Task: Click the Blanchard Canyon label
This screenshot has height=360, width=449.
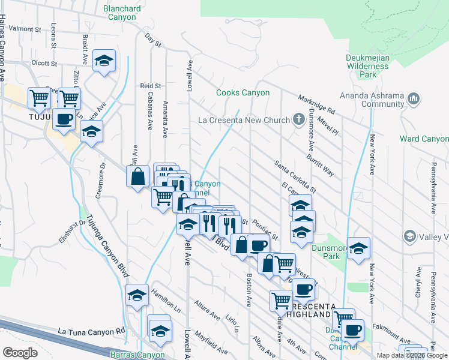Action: (122, 13)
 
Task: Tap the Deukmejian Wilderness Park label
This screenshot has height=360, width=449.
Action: (368, 66)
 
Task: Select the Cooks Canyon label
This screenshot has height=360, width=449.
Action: (243, 93)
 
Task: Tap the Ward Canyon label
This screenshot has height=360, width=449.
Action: (424, 139)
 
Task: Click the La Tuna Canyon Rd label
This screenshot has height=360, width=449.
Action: (92, 331)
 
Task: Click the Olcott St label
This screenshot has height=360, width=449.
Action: (44, 62)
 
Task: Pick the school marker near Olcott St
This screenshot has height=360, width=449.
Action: (104, 61)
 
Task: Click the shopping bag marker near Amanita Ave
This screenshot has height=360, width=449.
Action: (138, 176)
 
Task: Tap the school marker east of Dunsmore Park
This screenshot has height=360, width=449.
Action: (358, 248)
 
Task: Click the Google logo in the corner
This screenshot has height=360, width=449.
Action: (20, 353)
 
